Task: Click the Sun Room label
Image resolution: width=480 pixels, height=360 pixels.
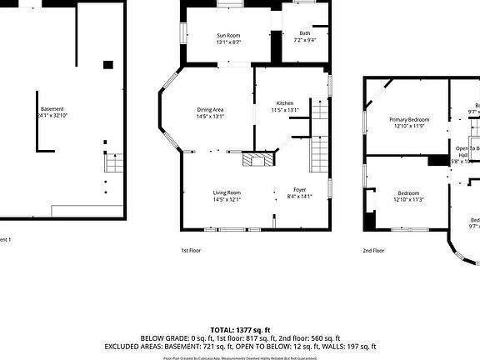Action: point(228,34)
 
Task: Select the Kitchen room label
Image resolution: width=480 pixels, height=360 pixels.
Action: point(284,102)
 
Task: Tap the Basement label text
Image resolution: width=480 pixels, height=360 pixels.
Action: point(52,109)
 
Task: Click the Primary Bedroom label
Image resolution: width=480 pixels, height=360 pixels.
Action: point(409,119)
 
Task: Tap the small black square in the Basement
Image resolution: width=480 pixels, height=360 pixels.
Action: point(107,65)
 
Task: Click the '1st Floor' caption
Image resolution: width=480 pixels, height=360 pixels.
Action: point(191,250)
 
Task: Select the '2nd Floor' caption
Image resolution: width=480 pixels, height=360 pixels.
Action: point(372,250)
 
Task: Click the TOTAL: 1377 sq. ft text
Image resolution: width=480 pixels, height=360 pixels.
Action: point(240,330)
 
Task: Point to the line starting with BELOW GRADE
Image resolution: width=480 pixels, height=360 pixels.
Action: point(240,338)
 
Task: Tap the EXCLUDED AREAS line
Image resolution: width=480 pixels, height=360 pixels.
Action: point(240,347)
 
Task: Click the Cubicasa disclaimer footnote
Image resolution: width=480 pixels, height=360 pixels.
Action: point(240,357)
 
